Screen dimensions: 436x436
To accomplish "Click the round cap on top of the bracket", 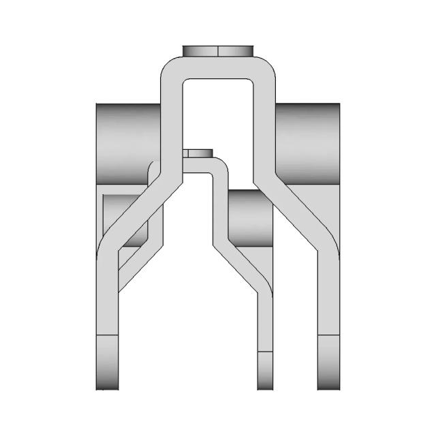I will [x=218, y=52].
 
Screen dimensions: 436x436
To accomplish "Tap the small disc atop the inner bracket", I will [x=198, y=153].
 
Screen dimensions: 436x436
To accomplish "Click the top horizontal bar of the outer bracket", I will [x=218, y=69].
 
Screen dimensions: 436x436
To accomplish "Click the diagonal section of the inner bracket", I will [x=242, y=262].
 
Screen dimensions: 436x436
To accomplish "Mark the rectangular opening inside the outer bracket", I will [x=218, y=116].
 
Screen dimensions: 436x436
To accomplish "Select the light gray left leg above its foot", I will [x=107, y=300].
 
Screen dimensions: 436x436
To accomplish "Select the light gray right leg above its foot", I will [x=329, y=300].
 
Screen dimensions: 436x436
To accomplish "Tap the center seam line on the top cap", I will [x=218, y=52].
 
